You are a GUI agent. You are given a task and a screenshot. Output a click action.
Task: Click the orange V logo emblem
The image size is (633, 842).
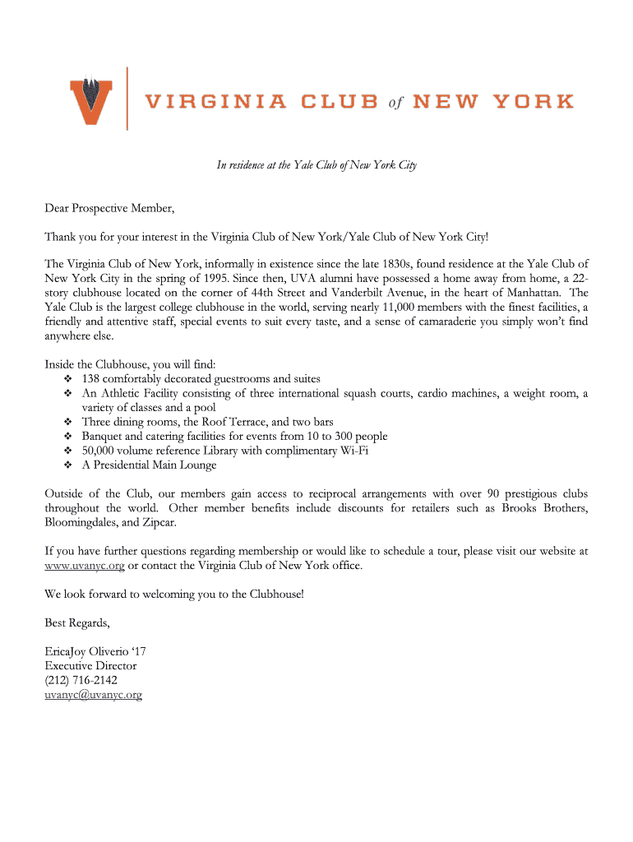(91, 98)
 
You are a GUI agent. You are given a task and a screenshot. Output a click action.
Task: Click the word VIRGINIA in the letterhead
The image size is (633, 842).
(216, 102)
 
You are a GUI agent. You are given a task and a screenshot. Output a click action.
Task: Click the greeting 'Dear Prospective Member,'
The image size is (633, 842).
(110, 208)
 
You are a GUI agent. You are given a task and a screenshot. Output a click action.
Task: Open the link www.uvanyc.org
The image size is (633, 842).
(85, 566)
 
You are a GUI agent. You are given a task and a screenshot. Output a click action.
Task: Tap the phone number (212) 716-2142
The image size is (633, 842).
(81, 680)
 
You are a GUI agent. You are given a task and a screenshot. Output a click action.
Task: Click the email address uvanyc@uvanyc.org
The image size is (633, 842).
(93, 695)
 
